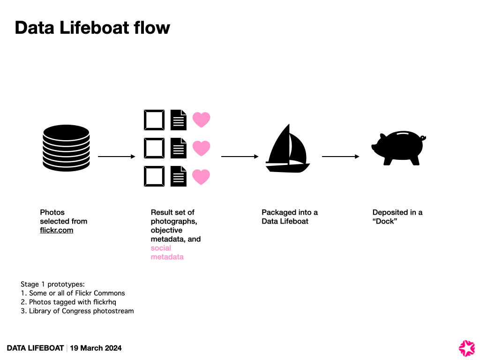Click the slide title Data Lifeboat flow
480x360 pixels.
(x=92, y=28)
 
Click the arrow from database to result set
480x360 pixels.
(x=116, y=157)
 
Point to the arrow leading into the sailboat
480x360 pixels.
(x=240, y=157)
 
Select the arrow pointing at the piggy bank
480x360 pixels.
(x=341, y=157)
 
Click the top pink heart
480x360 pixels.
(x=202, y=120)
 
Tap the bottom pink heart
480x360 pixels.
(x=202, y=177)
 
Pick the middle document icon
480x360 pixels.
(x=178, y=148)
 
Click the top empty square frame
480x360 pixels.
(x=154, y=120)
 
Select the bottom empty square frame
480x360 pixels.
(x=154, y=177)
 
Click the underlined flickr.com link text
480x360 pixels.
(x=57, y=230)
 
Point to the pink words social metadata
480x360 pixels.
(x=167, y=253)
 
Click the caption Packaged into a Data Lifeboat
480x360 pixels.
(x=289, y=217)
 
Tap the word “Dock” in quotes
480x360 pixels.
(x=384, y=221)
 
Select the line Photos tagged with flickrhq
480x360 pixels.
(x=72, y=302)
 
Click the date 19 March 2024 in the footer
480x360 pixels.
(x=96, y=348)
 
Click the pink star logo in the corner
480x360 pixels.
(x=466, y=348)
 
